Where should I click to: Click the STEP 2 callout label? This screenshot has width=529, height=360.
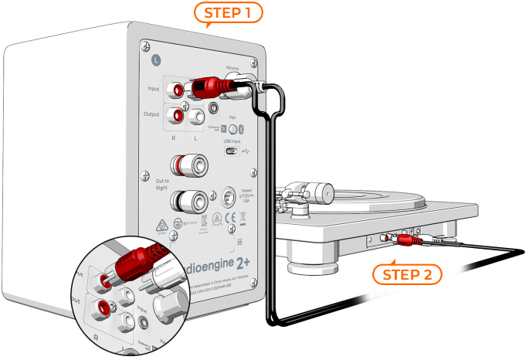click(x=410, y=274)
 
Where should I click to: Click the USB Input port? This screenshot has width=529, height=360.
click(x=232, y=151)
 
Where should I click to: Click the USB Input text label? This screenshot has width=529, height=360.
click(x=233, y=142)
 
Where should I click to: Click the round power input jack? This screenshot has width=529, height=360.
click(x=229, y=196)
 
